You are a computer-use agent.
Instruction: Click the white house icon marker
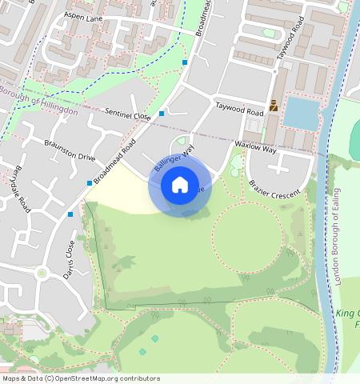pyautogui.click(x=180, y=185)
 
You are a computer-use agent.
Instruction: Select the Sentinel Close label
pyautogui.click(x=130, y=117)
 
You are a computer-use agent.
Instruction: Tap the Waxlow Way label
pyautogui.click(x=255, y=146)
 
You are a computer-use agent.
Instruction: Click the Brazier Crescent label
pyautogui.click(x=274, y=190)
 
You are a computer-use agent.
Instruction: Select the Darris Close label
pyautogui.click(x=70, y=259)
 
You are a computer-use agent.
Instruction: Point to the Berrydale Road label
pyautogui.click(x=21, y=190)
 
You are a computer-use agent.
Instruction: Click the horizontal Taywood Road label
pyautogui.click(x=238, y=108)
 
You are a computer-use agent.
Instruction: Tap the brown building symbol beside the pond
pyautogui.click(x=274, y=105)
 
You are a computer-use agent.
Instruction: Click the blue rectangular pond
pyautogui.click(x=302, y=112)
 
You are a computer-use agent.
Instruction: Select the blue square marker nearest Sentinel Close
pyautogui.click(x=162, y=114)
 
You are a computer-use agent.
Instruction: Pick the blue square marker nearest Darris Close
pyautogui.click(x=70, y=214)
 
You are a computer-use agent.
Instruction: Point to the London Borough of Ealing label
pyautogui.click(x=336, y=237)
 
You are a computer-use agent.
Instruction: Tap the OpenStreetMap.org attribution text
pyautogui.click(x=106, y=378)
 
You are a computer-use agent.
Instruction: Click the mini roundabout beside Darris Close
pyautogui.click(x=42, y=273)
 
